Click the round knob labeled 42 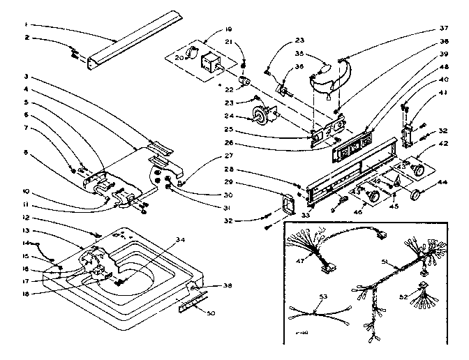[420, 170]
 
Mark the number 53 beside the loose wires [322, 297]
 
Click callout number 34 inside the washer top [181, 239]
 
